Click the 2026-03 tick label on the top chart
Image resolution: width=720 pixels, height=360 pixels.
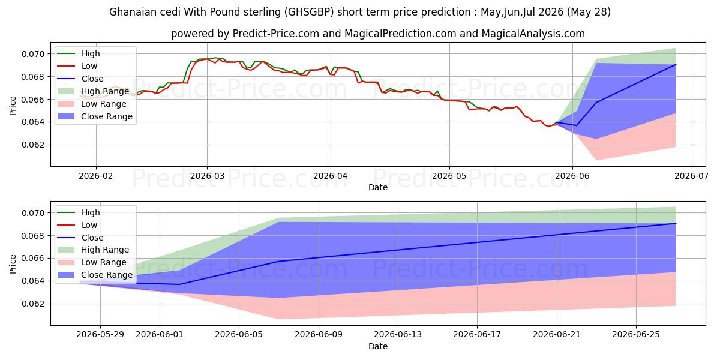click(207, 176)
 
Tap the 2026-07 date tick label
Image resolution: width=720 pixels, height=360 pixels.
click(691, 176)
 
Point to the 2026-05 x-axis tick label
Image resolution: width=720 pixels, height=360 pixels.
click(449, 176)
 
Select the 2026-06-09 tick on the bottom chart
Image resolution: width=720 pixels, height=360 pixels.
click(319, 335)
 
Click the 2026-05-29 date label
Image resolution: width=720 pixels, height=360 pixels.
click(100, 335)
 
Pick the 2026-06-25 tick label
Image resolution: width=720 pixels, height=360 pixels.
click(636, 335)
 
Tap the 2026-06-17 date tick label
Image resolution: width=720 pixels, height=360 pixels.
click(477, 335)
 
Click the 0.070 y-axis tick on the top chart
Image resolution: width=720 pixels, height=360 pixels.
click(33, 54)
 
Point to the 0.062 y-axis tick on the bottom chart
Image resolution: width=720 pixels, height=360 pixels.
click(33, 304)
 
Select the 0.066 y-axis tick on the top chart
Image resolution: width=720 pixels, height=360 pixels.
click(33, 100)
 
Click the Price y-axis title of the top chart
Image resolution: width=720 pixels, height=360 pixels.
click(13, 106)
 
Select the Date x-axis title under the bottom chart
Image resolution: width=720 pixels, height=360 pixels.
click(378, 346)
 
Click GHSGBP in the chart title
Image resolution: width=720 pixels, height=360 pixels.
click(309, 12)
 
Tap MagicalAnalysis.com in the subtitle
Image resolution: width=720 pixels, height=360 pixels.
click(533, 34)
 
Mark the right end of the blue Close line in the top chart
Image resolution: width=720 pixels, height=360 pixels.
click(676, 64)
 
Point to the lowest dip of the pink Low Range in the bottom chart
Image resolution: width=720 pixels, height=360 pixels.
click(280, 319)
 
